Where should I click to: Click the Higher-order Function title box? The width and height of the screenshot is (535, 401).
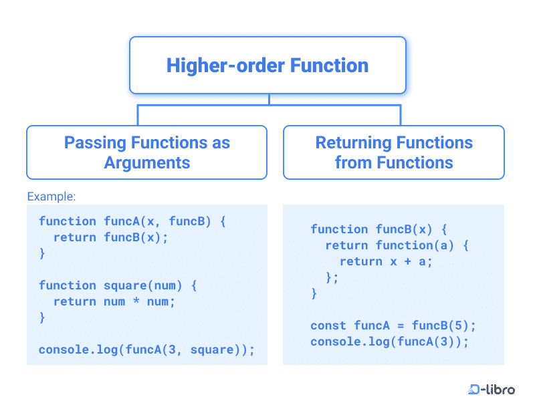[267, 65]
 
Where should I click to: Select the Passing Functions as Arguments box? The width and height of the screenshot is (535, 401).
[146, 152]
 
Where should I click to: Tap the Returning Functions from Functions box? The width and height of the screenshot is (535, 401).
[393, 152]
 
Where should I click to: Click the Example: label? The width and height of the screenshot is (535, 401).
[51, 196]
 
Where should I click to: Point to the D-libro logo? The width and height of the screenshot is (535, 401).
[492, 389]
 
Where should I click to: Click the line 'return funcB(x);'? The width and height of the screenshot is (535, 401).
[111, 237]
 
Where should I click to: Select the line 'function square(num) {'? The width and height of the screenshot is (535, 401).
[118, 285]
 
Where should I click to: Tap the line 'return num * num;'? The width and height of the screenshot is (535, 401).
[114, 301]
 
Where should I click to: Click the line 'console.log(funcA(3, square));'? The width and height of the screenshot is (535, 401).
[147, 350]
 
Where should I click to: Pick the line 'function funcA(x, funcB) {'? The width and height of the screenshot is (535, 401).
[132, 221]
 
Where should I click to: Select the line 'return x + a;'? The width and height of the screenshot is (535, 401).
[386, 261]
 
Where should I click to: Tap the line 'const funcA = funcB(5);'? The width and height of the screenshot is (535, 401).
[393, 325]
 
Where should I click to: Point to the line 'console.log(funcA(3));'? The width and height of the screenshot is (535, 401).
[390, 342]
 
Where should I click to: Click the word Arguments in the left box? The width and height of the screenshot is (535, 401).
[147, 162]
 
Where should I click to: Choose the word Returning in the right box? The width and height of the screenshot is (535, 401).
[352, 142]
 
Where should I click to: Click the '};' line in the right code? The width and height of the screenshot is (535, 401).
[332, 277]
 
